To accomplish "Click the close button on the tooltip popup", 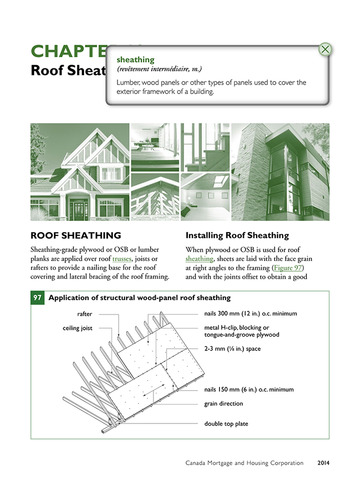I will (326, 49).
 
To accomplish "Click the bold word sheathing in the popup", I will (136, 59).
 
